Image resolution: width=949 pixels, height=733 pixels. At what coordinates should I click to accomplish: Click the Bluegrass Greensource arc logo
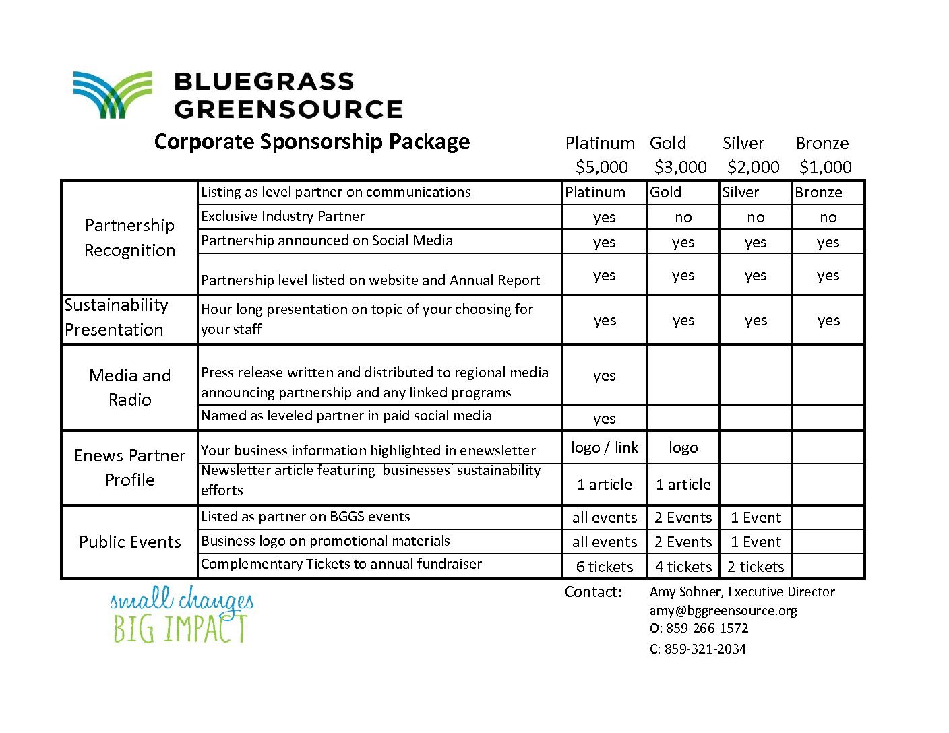click(x=112, y=94)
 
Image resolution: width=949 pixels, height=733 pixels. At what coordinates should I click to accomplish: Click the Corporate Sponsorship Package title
click(x=311, y=142)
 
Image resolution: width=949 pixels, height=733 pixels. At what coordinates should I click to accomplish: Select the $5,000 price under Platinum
click(x=601, y=167)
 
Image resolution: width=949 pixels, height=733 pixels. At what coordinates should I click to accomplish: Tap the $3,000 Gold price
click(x=680, y=167)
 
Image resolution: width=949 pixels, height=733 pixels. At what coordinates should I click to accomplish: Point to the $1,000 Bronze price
click(x=825, y=167)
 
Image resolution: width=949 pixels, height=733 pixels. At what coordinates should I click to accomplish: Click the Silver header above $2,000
click(x=743, y=144)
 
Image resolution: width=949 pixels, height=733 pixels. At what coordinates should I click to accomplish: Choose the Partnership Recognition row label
click(x=129, y=237)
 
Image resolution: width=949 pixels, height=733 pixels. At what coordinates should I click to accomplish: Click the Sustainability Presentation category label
click(x=115, y=317)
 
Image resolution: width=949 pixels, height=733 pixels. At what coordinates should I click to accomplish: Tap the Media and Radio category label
click(x=129, y=387)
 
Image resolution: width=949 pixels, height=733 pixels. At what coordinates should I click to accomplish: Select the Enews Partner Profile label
click(x=129, y=468)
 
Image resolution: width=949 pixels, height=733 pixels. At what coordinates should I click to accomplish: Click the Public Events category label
click(x=129, y=542)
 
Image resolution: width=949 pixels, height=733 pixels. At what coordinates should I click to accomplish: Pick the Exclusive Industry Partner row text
click(x=282, y=216)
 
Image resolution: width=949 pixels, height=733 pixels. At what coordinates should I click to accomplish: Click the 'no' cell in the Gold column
click(x=683, y=218)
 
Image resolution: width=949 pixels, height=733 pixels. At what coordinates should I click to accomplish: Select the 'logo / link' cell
click(x=604, y=448)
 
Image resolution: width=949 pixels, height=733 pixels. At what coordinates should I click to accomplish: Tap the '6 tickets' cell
click(x=604, y=567)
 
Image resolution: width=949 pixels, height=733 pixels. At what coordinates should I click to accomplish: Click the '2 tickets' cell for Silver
click(x=755, y=567)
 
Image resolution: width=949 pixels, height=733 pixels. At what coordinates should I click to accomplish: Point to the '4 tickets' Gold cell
click(x=683, y=567)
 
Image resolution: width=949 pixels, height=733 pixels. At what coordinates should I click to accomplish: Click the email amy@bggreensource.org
click(x=723, y=611)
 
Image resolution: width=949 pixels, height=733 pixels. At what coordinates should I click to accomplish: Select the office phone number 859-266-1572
click(x=706, y=629)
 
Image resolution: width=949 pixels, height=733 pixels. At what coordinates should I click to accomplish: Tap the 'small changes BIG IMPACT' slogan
click(x=181, y=614)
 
